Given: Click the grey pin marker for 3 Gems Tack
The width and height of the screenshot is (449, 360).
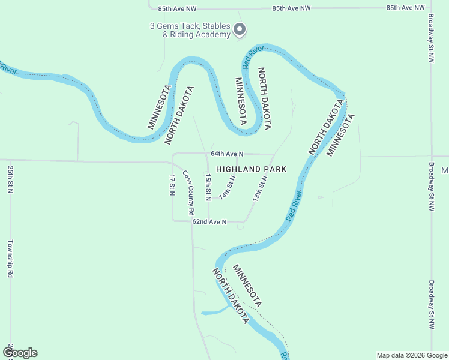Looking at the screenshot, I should tap(239, 29).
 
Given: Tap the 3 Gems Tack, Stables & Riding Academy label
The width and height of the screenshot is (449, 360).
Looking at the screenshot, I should tap(190, 30).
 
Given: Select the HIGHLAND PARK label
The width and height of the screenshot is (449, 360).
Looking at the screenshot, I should tap(251, 170).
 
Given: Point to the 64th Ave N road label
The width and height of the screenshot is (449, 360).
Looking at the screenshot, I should tap(226, 154).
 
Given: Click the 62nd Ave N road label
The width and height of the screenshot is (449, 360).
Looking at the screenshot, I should tap(209, 222).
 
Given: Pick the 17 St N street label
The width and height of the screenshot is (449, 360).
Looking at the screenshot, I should tap(172, 185).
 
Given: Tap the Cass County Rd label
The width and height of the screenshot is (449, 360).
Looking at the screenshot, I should tap(188, 193).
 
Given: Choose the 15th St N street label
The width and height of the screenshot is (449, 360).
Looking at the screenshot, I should tap(208, 187).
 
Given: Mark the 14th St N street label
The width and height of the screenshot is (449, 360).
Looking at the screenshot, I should tap(228, 187).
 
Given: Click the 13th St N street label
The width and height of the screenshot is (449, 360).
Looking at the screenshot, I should tap(260, 188).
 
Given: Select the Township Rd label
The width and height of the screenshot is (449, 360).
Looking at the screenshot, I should tap(11, 259).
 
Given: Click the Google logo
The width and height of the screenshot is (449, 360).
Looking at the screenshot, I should tap(20, 353).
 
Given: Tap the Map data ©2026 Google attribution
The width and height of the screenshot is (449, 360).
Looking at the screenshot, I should tap(411, 355).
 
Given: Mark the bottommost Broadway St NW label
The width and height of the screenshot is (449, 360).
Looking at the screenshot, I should tap(430, 304).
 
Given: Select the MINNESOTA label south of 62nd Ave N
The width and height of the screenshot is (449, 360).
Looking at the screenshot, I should tap(247, 285).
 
